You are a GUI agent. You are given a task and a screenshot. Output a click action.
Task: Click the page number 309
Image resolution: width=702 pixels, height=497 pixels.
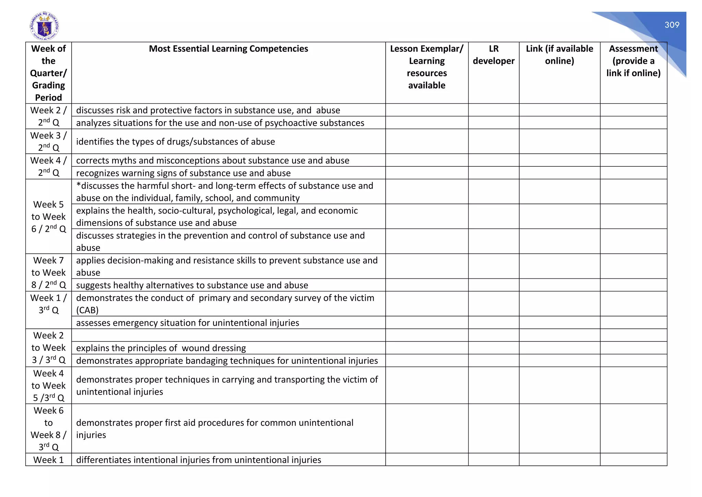(x=671, y=25)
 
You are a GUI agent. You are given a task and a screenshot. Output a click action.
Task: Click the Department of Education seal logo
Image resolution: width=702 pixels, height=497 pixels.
(x=45, y=26)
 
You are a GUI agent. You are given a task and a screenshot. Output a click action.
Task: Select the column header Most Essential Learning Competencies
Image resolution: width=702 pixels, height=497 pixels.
(x=228, y=49)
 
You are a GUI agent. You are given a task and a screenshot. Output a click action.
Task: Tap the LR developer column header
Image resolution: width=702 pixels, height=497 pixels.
(x=493, y=55)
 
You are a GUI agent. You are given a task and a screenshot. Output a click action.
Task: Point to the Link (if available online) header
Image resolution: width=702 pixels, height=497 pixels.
(x=559, y=55)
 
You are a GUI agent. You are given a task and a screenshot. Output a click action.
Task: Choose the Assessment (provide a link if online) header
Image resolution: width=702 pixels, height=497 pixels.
(x=633, y=61)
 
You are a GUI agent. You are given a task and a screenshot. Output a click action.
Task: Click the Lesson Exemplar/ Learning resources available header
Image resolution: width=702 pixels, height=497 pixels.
(x=426, y=67)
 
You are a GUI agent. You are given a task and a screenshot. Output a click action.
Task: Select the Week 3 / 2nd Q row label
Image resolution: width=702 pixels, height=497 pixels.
(x=48, y=141)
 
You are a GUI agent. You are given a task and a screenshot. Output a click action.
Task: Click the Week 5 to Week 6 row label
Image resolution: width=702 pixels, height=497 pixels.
(x=48, y=217)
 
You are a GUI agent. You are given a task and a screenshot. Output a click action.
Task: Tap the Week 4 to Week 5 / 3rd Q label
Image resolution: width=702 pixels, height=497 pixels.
(x=48, y=385)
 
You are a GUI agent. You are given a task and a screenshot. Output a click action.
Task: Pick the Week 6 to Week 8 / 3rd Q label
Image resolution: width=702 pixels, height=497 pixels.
(x=48, y=428)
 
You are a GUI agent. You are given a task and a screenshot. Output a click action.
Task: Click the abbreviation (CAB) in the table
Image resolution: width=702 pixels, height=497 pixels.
(x=87, y=310)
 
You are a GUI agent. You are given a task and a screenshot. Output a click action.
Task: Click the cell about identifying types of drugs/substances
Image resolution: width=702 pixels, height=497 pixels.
(x=175, y=142)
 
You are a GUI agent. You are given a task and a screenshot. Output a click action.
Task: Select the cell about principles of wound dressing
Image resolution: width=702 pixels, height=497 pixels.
(x=161, y=348)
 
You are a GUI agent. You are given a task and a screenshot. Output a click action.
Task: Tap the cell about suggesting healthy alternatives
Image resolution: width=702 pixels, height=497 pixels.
(x=192, y=285)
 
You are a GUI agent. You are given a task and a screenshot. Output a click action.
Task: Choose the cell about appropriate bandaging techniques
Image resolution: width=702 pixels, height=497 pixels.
(x=227, y=361)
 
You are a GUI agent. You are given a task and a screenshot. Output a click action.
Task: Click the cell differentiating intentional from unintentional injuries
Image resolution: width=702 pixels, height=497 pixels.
(x=198, y=460)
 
